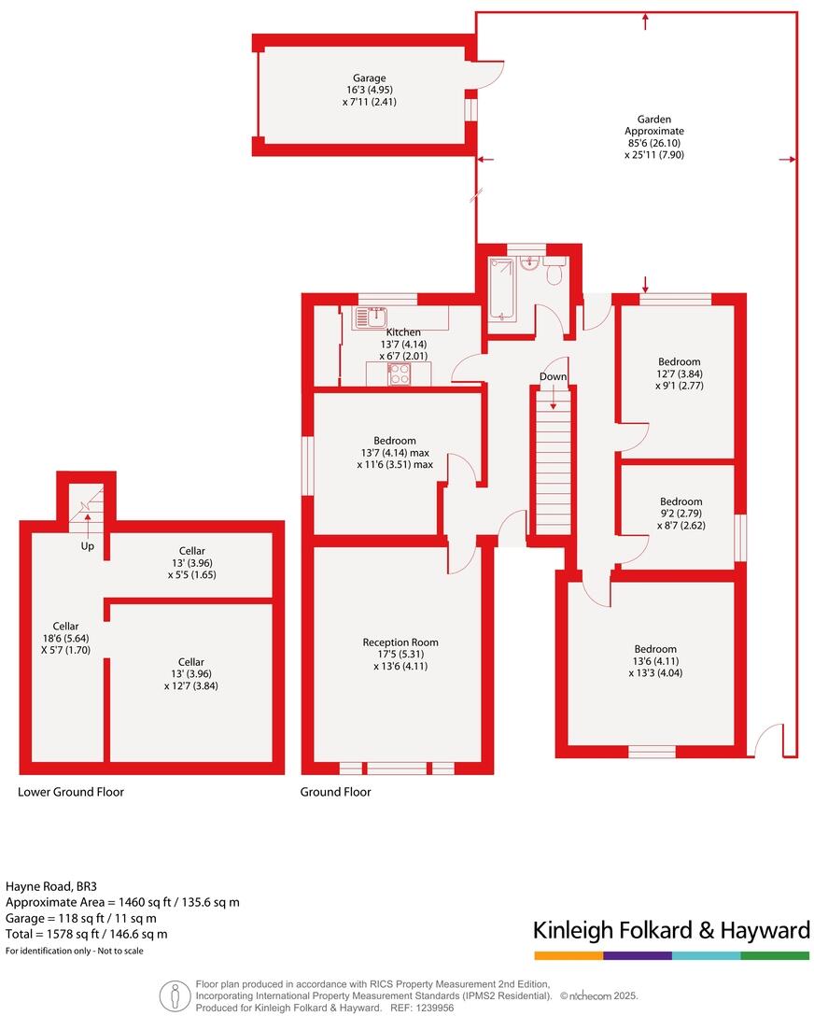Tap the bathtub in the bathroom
click(x=503, y=290)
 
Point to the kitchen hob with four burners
click(x=399, y=374)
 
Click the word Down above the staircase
click(x=553, y=376)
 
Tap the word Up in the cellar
click(x=87, y=544)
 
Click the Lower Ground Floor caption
click(x=71, y=792)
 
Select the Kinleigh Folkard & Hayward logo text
click(x=670, y=930)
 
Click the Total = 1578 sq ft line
click(x=87, y=934)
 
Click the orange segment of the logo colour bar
click(x=568, y=955)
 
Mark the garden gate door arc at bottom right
click(x=768, y=739)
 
